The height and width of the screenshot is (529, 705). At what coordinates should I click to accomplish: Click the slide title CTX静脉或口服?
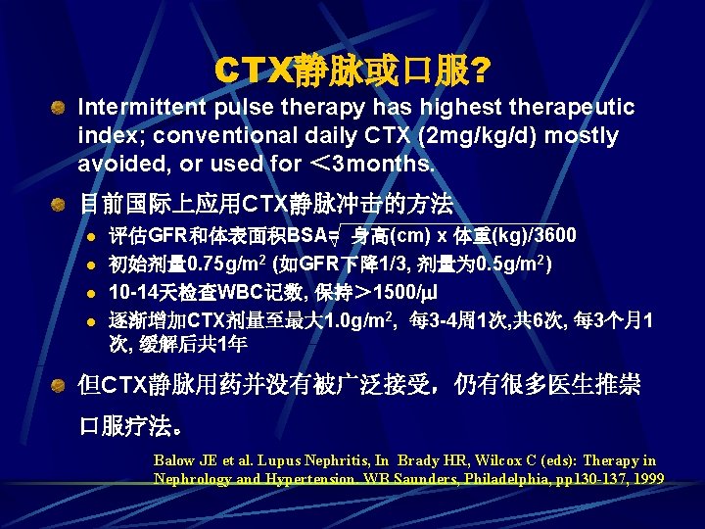pos(352,70)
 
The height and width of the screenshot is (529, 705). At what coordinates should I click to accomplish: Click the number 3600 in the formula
pos(553,236)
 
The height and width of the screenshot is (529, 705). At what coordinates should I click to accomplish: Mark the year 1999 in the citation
pos(646,478)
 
